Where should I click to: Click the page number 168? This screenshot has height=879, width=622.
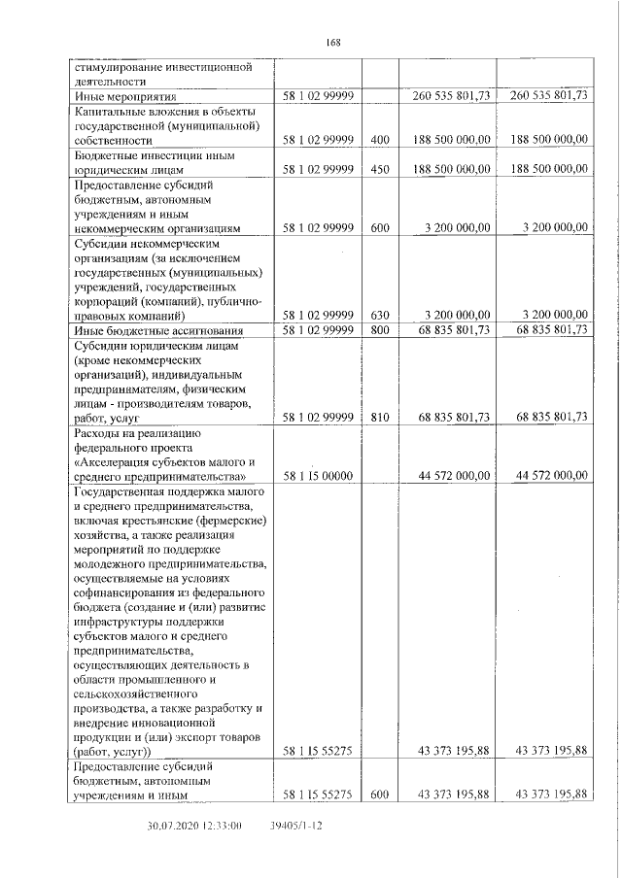pyautogui.click(x=331, y=42)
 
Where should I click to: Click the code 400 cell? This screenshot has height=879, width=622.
pyautogui.click(x=380, y=141)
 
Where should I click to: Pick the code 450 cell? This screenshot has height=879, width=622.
pyautogui.click(x=380, y=169)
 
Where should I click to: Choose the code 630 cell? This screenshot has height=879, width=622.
pyautogui.click(x=380, y=315)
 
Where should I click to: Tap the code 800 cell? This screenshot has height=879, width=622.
pyautogui.click(x=380, y=330)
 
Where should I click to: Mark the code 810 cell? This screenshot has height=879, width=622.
pyautogui.click(x=380, y=417)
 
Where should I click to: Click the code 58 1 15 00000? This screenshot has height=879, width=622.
pyautogui.click(x=318, y=475)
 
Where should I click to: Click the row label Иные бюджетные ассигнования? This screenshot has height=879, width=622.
pyautogui.click(x=154, y=330)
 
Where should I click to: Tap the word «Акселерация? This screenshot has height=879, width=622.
pyautogui.click(x=116, y=460)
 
